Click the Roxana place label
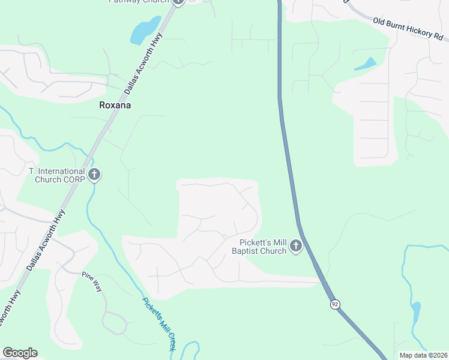(x=115, y=105)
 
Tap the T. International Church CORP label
(x=57, y=175)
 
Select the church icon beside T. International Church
(x=94, y=175)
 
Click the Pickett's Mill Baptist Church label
(x=259, y=247)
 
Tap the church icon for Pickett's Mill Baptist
(x=295, y=246)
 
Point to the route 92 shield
(x=334, y=305)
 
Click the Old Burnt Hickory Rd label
(x=406, y=28)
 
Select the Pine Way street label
(x=92, y=281)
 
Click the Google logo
(x=20, y=353)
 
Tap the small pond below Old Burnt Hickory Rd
(x=366, y=64)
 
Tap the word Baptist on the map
(x=245, y=251)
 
